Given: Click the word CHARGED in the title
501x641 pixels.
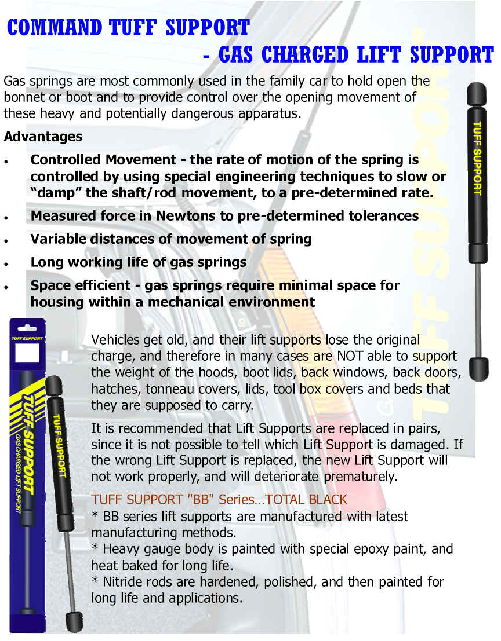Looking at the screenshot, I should click(305, 55).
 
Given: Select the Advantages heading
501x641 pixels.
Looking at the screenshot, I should click(43, 137).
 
